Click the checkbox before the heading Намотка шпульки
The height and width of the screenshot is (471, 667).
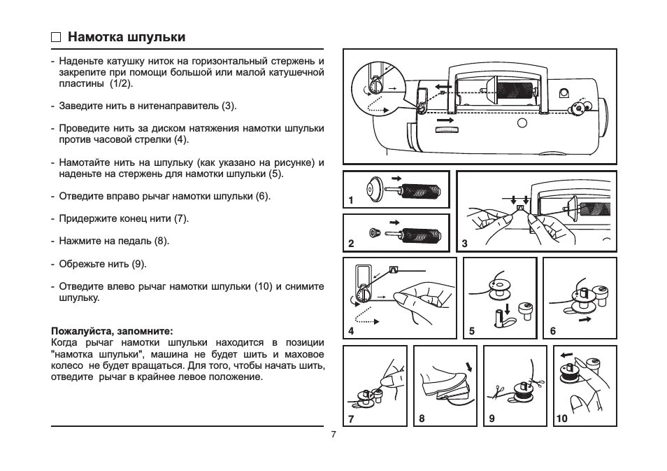pos(56,38)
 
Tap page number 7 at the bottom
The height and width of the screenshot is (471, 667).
pos(333,435)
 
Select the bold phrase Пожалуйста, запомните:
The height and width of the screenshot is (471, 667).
pos(112,330)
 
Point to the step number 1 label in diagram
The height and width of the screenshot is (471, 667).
pos(351,201)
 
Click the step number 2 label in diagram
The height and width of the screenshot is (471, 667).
pos(351,244)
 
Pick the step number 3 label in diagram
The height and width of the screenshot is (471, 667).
pos(465,244)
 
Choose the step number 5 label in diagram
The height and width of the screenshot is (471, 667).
pos(472,331)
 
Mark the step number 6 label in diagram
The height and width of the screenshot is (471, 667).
pos(552,331)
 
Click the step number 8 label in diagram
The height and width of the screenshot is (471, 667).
pos(422,419)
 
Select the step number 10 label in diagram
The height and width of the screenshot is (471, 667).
pos(561,419)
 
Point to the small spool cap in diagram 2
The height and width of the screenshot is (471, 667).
pos(373,232)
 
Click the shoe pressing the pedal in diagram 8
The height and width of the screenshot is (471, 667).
pos(442,381)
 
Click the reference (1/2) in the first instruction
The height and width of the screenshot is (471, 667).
pos(120,83)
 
